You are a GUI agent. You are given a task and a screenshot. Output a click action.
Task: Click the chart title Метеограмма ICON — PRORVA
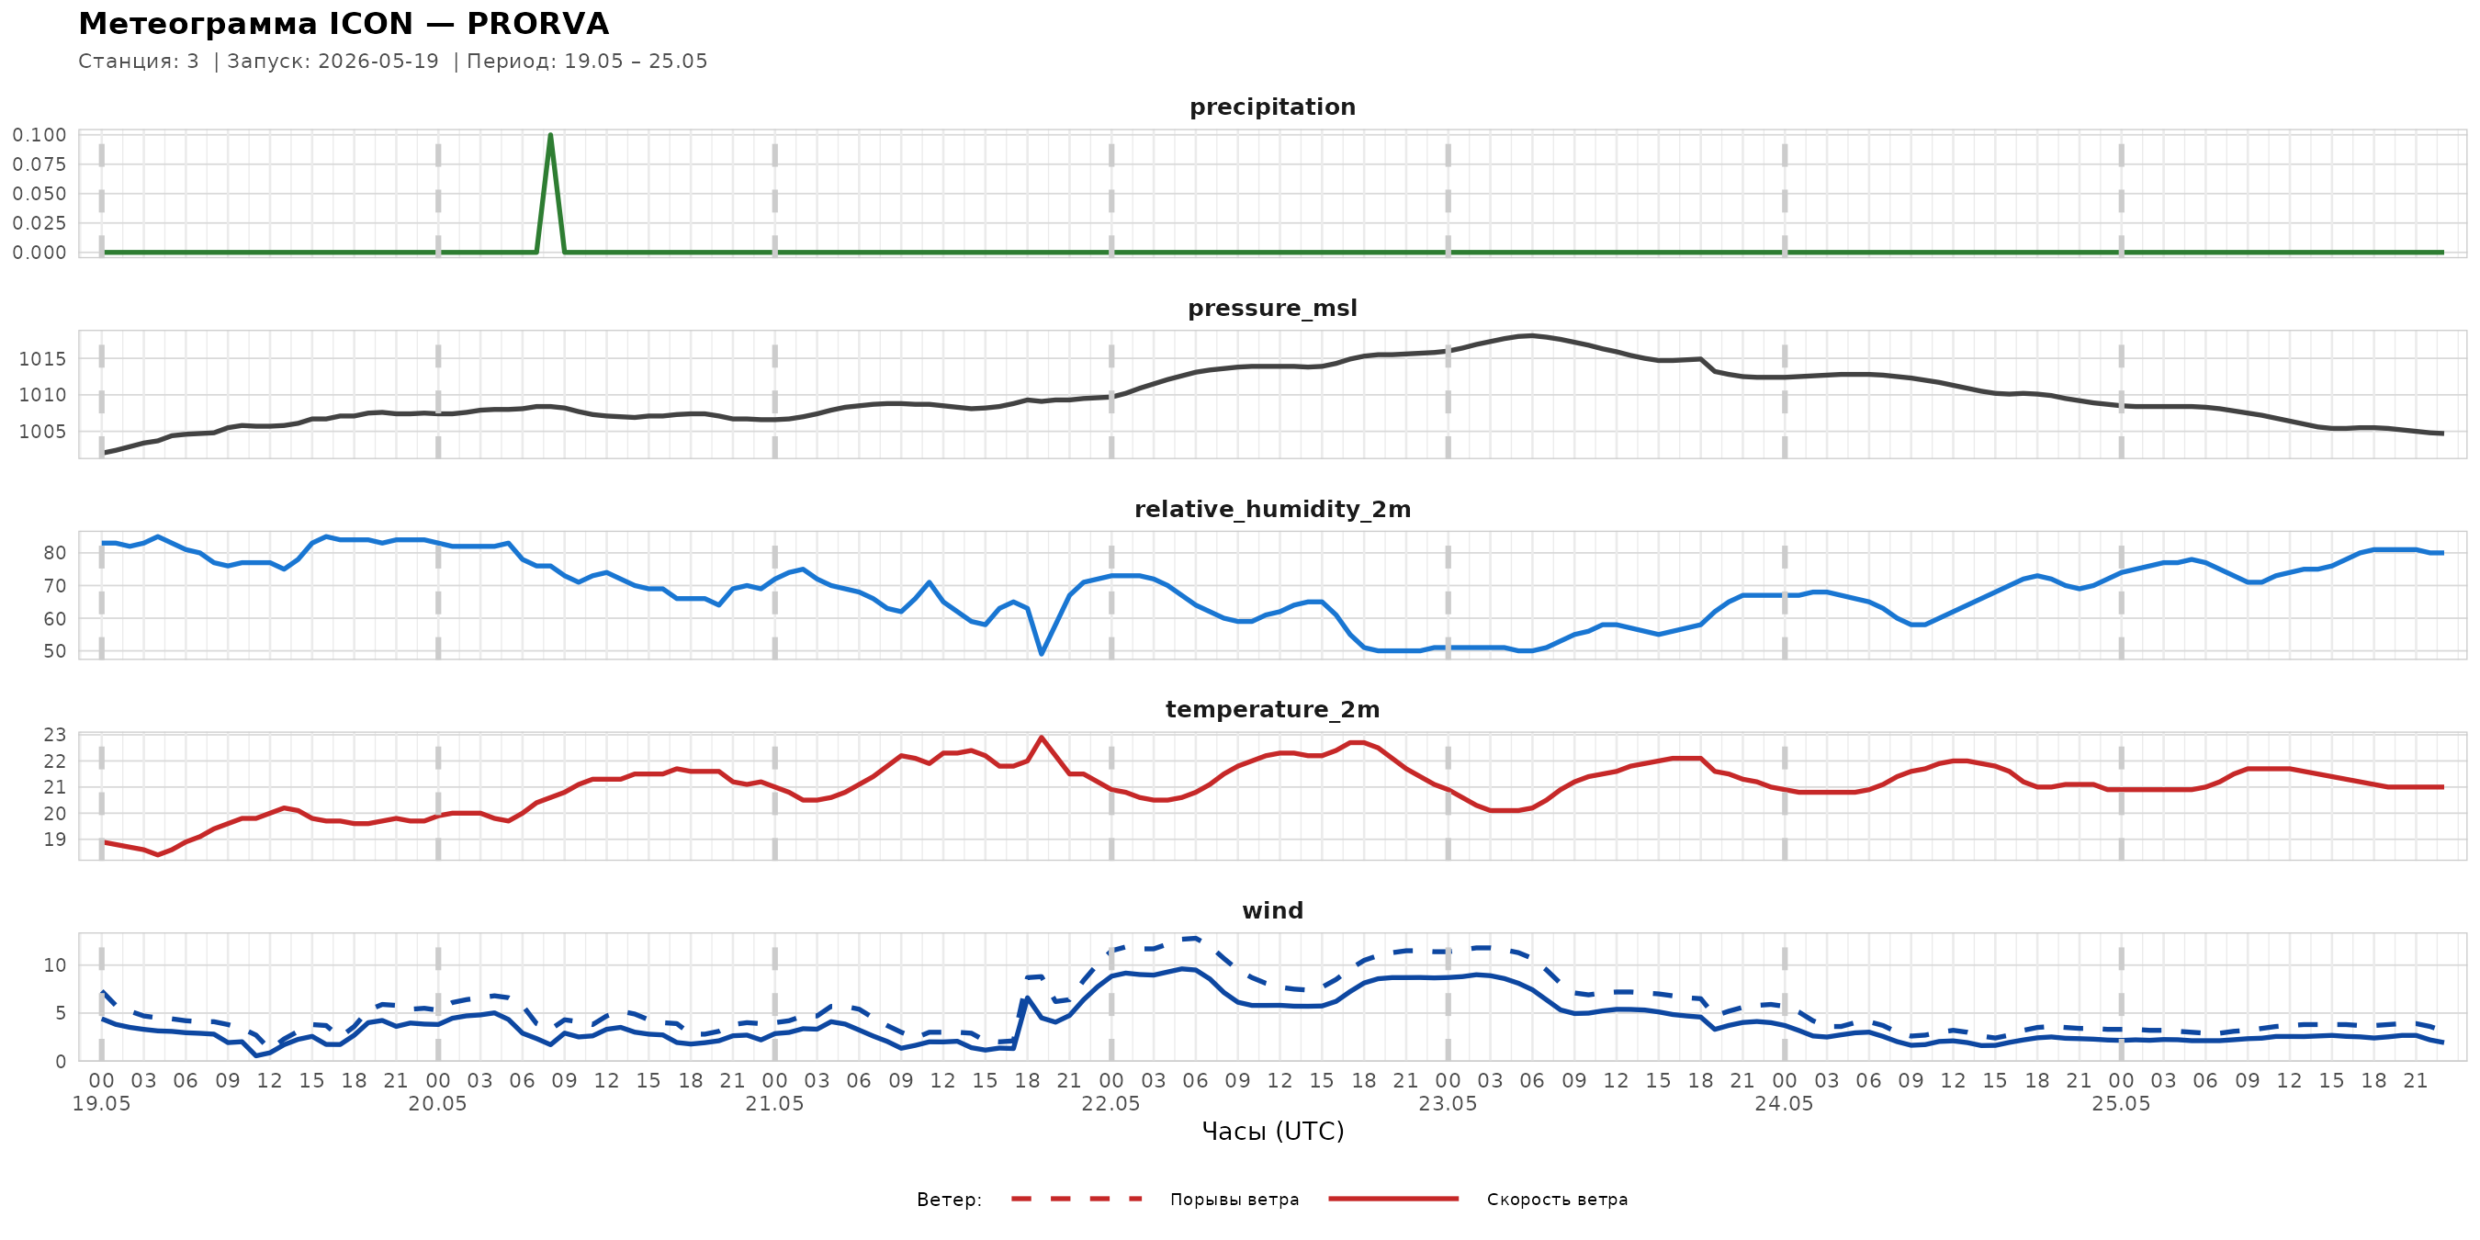point(344,23)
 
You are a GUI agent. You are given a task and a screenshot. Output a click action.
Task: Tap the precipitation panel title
point(1272,107)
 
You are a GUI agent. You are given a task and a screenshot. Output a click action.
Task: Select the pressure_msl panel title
point(1272,308)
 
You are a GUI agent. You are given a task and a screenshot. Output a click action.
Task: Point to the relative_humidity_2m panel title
point(1272,509)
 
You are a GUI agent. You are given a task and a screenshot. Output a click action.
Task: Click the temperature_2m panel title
point(1272,709)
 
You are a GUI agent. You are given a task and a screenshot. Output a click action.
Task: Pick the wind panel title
point(1272,911)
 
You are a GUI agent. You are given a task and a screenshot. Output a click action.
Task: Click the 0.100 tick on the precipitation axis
point(39,135)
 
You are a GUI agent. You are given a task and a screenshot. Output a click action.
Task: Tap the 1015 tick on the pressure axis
point(42,359)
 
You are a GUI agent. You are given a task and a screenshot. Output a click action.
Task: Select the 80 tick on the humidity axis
point(55,553)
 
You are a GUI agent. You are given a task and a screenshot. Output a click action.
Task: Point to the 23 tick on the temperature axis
point(55,735)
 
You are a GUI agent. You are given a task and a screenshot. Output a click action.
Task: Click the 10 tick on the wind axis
point(55,965)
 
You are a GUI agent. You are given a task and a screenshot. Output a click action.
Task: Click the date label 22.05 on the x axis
point(1110,1103)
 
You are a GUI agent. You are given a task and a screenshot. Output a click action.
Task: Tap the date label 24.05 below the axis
point(1783,1103)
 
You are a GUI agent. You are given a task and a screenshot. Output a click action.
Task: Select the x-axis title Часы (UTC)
point(1272,1132)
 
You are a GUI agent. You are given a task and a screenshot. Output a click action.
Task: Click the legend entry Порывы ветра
point(1234,1200)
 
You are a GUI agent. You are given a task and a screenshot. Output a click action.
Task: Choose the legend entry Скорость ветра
point(1557,1200)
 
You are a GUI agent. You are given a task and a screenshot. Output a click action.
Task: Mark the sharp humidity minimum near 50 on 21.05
point(1041,654)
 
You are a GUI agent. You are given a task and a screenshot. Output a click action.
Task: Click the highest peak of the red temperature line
point(1041,738)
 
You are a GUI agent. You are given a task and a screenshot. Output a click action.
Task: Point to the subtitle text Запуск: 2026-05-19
point(333,62)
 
